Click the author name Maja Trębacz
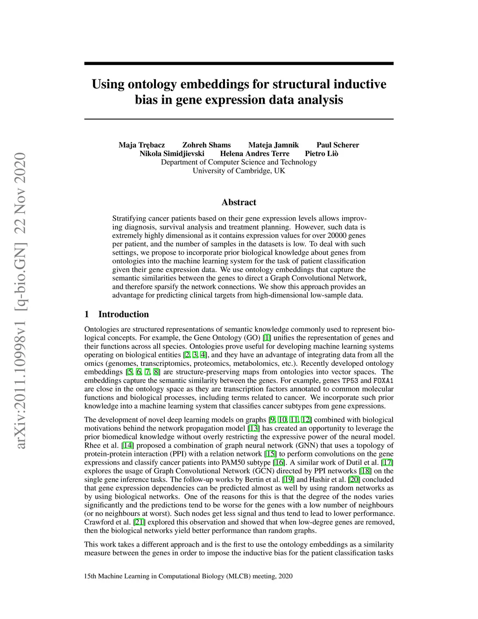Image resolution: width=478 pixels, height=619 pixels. (141, 145)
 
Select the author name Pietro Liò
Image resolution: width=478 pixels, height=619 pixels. (322, 154)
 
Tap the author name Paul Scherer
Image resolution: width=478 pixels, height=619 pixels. (337, 145)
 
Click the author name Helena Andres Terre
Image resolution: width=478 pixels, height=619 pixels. (254, 154)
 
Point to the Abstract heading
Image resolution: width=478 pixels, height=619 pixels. (239, 202)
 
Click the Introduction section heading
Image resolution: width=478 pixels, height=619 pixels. (123, 314)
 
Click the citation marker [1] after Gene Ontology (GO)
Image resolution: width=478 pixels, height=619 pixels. (267, 338)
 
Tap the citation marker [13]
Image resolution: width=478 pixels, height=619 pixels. (253, 428)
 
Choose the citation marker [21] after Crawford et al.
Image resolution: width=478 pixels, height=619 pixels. (139, 522)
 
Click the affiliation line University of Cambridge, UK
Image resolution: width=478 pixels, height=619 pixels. (239, 171)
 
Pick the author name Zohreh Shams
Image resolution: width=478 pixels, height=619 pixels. (206, 145)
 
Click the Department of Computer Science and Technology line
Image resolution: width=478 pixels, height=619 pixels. (239, 162)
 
